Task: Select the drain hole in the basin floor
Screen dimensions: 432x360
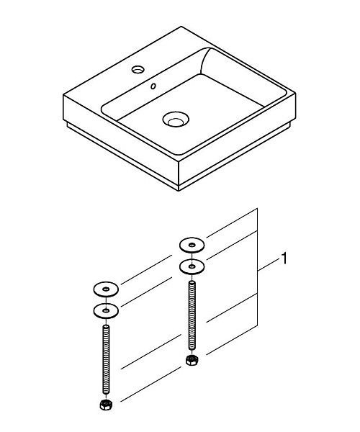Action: tap(174, 118)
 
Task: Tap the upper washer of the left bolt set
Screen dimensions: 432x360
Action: tap(106, 289)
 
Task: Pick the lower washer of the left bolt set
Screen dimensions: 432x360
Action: tap(106, 311)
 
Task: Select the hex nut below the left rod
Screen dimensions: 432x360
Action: tap(107, 405)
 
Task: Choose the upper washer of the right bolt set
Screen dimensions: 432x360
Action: tap(192, 245)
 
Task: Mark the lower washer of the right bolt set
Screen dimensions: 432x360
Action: tap(192, 266)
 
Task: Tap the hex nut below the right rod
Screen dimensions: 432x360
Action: tap(192, 359)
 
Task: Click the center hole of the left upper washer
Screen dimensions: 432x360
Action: tap(106, 289)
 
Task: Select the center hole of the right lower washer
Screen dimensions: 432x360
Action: tap(192, 266)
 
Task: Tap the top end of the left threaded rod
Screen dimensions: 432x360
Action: tap(107, 325)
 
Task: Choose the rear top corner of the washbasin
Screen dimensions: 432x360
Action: tap(178, 28)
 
